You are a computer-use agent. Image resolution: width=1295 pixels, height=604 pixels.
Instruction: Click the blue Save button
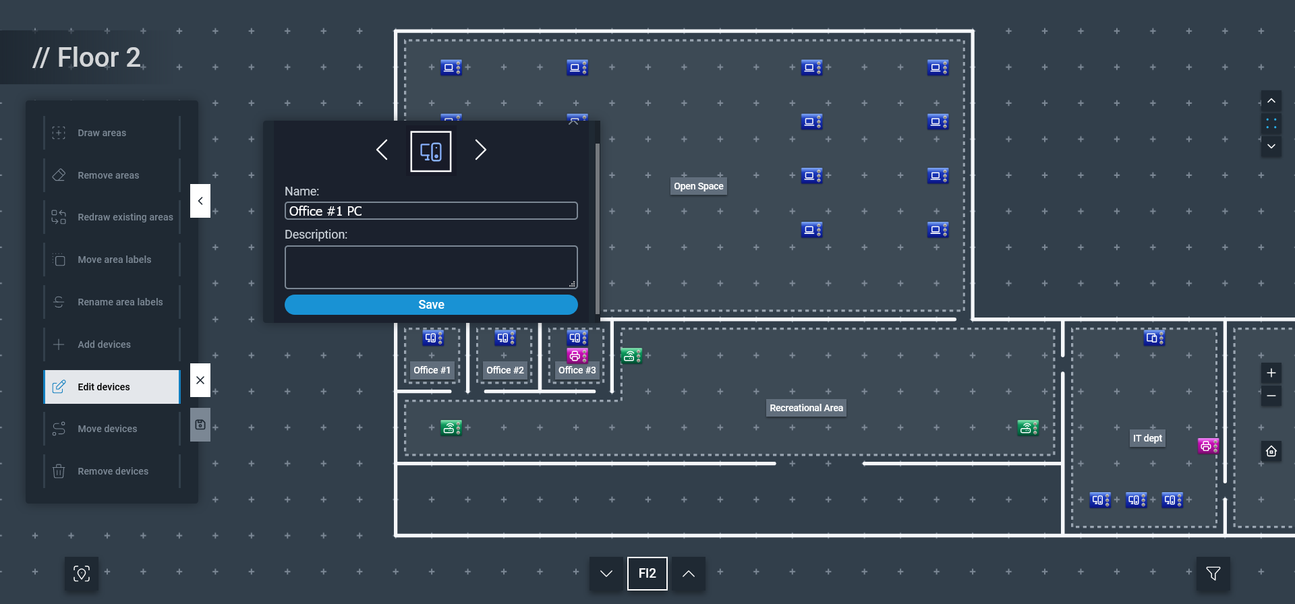click(431, 305)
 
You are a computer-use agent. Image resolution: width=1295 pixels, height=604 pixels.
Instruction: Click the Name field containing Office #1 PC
click(431, 211)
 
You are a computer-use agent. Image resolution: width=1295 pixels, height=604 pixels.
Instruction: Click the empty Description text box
click(431, 267)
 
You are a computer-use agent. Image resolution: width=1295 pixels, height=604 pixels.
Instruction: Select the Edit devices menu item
click(112, 387)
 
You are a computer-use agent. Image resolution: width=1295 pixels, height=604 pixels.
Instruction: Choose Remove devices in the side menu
click(112, 471)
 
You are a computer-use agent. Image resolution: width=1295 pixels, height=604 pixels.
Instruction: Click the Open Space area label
click(698, 186)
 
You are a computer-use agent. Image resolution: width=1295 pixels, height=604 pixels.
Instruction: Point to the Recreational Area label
click(806, 408)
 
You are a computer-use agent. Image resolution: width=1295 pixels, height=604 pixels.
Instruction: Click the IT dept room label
click(1147, 438)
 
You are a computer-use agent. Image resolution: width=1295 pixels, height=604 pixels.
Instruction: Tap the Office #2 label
click(505, 370)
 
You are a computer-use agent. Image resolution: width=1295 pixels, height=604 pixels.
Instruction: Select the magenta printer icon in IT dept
click(1207, 446)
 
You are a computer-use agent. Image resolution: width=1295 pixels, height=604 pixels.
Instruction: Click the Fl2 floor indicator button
click(647, 574)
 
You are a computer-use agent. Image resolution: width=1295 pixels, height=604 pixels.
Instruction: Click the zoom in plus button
click(1271, 373)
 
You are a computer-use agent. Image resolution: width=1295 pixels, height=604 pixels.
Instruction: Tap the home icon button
click(1271, 451)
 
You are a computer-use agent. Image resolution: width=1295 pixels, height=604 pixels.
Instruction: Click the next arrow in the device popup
click(480, 150)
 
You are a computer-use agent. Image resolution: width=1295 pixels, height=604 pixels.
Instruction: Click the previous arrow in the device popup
click(382, 150)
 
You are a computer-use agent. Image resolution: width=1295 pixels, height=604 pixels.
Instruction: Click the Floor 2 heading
click(87, 58)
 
